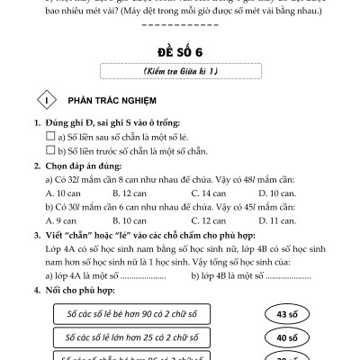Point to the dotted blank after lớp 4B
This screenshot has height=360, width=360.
[x=269, y=274]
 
